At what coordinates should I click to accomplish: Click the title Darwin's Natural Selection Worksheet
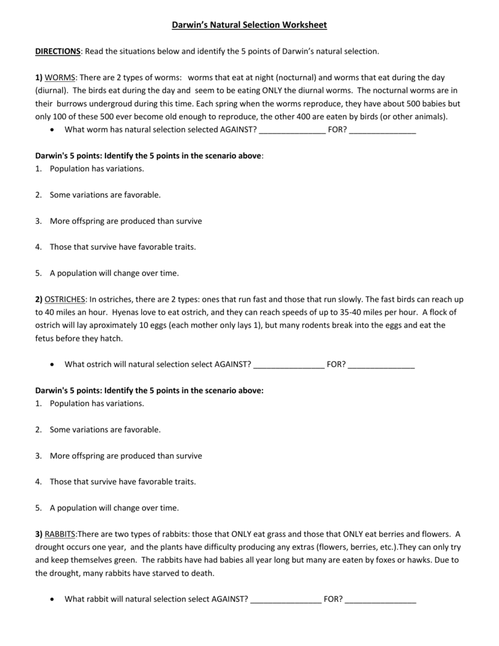249,25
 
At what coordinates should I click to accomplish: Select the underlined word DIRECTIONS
57,50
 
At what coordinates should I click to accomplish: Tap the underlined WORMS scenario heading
60,78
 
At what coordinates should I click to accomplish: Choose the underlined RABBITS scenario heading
59,534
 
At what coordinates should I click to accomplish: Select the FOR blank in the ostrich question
381,365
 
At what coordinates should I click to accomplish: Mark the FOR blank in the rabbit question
381,599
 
